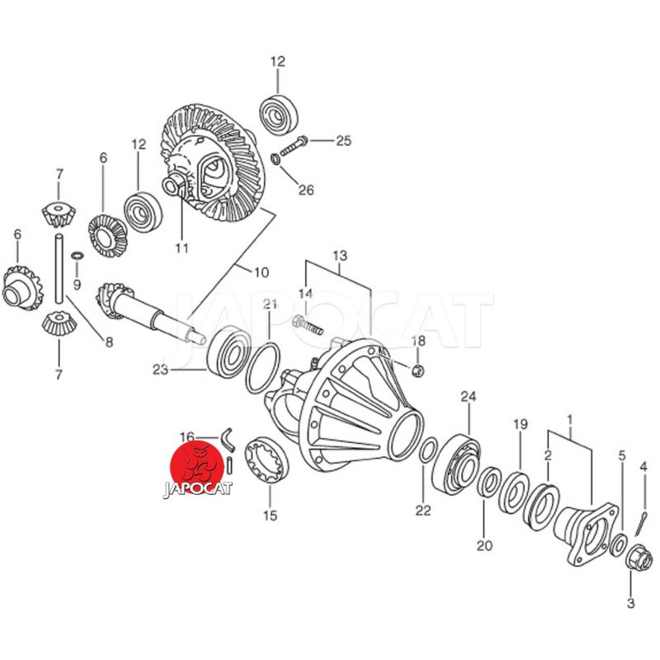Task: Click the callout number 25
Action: click(343, 140)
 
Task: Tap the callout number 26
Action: click(306, 190)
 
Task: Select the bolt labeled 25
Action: click(294, 145)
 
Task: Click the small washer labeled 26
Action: click(276, 159)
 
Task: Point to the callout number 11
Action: click(181, 248)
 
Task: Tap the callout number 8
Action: click(109, 342)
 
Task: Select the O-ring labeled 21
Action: click(262, 368)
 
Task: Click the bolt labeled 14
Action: click(307, 325)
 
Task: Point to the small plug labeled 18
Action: click(417, 370)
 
